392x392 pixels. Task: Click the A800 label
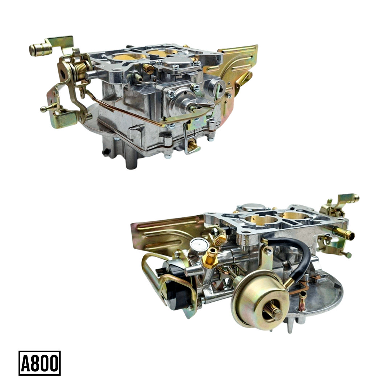[x=40, y=363]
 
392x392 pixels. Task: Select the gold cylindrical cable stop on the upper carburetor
[x=41, y=49]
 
